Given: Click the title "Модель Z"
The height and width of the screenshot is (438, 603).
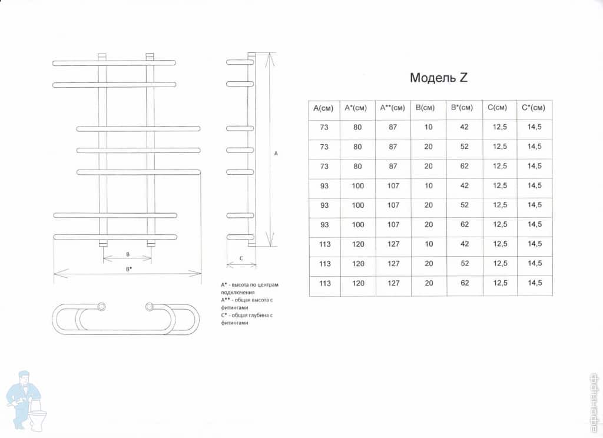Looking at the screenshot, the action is tap(438, 78).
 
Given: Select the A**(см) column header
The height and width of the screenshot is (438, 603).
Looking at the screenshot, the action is tap(393, 108).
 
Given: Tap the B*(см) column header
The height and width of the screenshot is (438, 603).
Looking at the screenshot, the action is tap(462, 108).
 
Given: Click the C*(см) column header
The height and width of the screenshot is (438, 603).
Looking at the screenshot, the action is tap(534, 108).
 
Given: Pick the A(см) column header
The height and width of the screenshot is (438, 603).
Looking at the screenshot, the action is tap(323, 108).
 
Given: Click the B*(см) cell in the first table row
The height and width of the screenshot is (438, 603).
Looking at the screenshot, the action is tap(464, 127).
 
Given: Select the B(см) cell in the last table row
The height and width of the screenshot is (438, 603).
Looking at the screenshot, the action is tap(429, 283).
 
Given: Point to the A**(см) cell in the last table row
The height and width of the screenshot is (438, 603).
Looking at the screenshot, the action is tap(393, 283).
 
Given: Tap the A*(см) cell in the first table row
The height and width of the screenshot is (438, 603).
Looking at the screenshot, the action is tap(357, 127).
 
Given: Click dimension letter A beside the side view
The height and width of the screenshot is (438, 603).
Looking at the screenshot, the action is tap(276, 154).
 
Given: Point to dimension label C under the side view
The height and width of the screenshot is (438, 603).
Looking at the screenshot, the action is tap(241, 258).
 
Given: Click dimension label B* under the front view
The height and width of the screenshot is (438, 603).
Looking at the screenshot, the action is tap(128, 269).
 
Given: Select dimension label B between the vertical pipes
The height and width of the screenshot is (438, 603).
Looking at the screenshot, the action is tap(128, 254).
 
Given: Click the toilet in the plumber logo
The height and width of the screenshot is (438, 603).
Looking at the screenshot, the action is tap(38, 416).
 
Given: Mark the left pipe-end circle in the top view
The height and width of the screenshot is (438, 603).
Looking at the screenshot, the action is tap(101, 307).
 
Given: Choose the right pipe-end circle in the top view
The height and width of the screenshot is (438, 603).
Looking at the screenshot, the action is tap(150, 307).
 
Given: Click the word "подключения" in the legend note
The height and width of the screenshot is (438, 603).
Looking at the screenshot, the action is tap(238, 292).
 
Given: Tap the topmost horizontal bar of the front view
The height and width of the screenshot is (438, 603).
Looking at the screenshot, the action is tap(114, 62).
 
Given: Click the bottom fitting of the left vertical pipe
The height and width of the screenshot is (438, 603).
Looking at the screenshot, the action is tap(102, 244).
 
